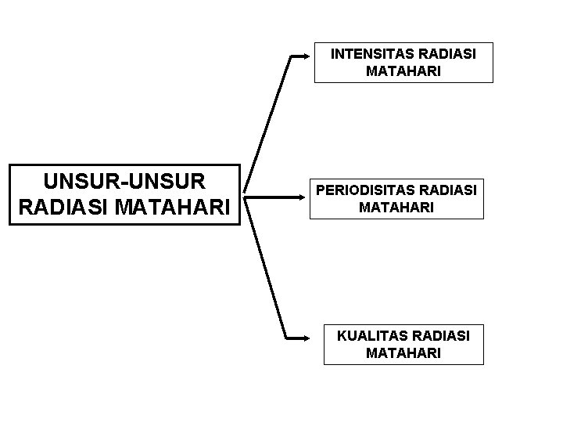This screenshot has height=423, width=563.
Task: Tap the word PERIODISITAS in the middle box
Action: [x=364, y=190]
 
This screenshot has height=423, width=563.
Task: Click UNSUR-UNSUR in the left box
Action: [x=124, y=182]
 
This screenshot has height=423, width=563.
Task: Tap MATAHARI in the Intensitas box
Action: [x=403, y=71]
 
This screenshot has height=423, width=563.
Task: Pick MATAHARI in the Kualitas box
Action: [x=403, y=353]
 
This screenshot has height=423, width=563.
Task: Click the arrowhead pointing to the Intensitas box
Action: [x=305, y=56]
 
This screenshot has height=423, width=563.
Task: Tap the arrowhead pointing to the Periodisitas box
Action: [x=305, y=197]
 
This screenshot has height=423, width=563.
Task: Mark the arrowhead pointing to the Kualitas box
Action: [x=305, y=338]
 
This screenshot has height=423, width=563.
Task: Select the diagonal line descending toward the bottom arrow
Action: [x=265, y=267]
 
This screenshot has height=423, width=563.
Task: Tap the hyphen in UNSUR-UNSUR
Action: [x=124, y=183]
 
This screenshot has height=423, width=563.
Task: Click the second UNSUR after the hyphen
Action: [x=167, y=182]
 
